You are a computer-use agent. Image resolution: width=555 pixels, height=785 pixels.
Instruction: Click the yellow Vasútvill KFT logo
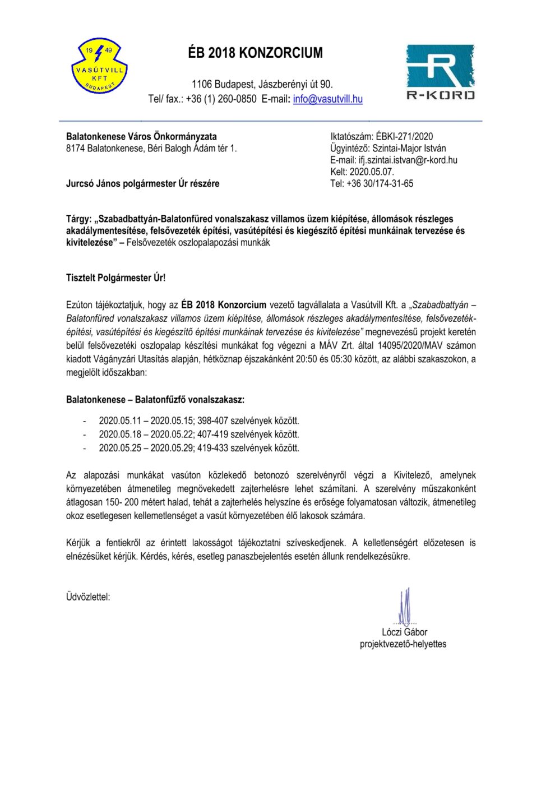[x=100, y=66]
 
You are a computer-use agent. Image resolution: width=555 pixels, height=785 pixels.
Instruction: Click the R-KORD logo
[x=440, y=73]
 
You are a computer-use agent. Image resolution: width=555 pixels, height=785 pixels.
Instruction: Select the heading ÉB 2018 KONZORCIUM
[x=255, y=53]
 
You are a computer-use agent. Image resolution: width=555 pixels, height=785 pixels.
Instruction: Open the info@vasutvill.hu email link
[x=327, y=99]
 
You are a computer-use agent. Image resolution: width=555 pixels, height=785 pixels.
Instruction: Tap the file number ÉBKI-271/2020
[x=404, y=136]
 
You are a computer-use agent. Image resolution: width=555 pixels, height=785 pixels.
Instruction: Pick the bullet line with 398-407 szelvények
[x=199, y=421]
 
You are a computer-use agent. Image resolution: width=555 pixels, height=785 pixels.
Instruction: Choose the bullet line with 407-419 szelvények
[x=199, y=434]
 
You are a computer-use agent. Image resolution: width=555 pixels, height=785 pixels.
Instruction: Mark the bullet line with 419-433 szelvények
[x=199, y=448]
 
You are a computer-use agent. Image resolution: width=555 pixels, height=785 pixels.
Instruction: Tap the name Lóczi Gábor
[x=404, y=632]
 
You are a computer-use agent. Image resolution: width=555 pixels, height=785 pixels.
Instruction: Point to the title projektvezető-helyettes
[x=403, y=644]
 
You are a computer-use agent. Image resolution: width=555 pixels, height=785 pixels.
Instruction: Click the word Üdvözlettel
[x=88, y=597]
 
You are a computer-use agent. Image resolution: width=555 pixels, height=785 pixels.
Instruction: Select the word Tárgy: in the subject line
[x=80, y=219]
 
